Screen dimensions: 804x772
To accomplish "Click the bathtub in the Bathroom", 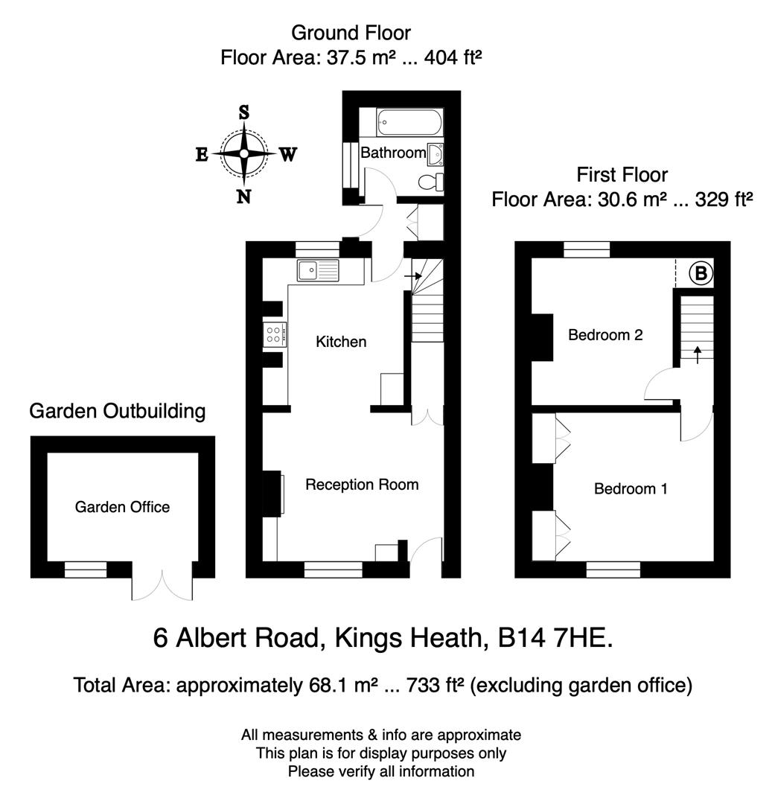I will pyautogui.click(x=409, y=123).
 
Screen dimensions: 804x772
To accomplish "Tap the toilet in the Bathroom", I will pyautogui.click(x=430, y=182).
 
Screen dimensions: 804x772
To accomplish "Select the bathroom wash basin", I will pyautogui.click(x=436, y=154).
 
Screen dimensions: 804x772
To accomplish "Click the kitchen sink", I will pyautogui.click(x=318, y=271).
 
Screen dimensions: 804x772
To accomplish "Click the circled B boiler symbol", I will pyautogui.click(x=700, y=274).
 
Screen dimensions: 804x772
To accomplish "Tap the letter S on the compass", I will pyautogui.click(x=243, y=112).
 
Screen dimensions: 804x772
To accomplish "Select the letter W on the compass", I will pyautogui.click(x=288, y=155).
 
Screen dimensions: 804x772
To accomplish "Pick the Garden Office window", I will pyautogui.click(x=86, y=569).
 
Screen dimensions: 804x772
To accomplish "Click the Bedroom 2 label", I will pyautogui.click(x=605, y=335).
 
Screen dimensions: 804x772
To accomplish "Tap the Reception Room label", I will pyautogui.click(x=362, y=485).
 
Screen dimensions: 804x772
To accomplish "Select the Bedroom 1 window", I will pyautogui.click(x=613, y=569).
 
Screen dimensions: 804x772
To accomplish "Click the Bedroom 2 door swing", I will pyautogui.click(x=661, y=386).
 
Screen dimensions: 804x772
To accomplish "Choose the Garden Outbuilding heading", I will pyautogui.click(x=117, y=410).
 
